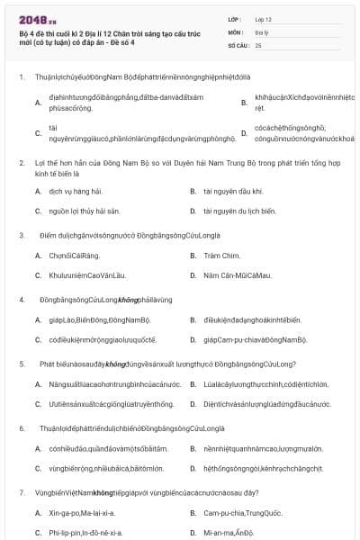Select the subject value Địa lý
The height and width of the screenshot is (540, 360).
click(x=262, y=31)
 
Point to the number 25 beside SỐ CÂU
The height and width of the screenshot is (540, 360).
click(x=258, y=44)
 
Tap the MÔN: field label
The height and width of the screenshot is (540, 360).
click(x=235, y=31)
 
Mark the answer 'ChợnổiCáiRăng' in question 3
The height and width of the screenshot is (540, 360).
click(x=73, y=255)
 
